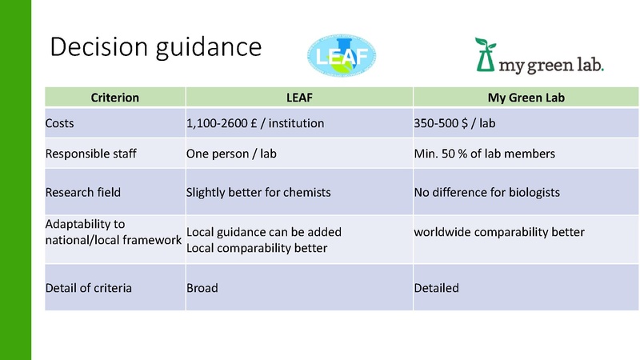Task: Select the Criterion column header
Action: coord(115,98)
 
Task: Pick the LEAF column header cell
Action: coord(299,98)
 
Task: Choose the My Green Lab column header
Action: coord(526,98)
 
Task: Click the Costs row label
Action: coord(62,124)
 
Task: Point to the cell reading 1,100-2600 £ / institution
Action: coord(255,124)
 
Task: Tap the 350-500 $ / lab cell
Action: coord(457,124)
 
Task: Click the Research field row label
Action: coord(81,192)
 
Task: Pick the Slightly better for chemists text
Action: coord(258,192)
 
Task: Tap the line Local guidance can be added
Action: coord(264,232)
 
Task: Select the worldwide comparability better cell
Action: coord(499,232)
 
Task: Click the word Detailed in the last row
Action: coord(436,287)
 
